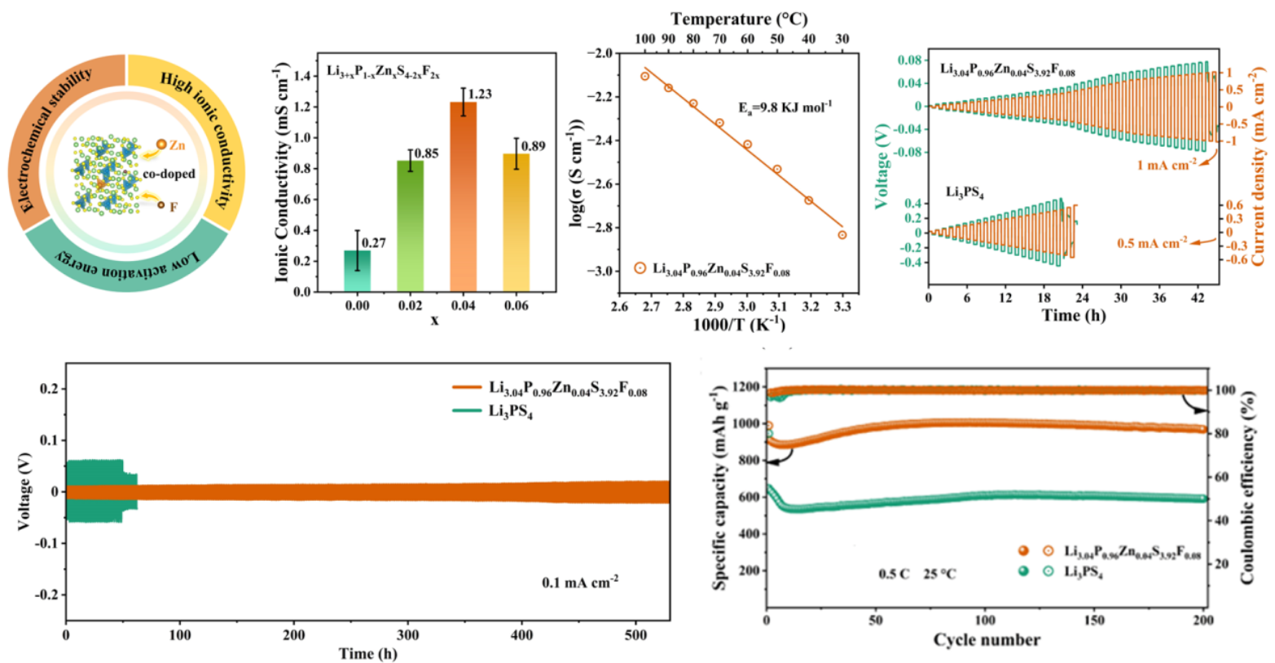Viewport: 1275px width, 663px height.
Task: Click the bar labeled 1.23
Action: coord(463,197)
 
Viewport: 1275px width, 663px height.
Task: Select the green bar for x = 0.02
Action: coord(410,226)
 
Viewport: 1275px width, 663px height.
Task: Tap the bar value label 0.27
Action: coord(373,243)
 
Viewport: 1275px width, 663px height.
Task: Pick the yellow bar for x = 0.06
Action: coord(516,223)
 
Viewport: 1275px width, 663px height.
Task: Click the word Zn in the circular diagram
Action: coord(177,145)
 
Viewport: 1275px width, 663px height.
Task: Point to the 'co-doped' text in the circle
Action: coord(169,174)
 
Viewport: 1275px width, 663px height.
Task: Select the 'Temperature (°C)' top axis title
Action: coord(739,18)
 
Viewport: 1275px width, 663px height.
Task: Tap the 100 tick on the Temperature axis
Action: coord(644,38)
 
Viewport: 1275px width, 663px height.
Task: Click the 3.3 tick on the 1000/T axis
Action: coord(842,306)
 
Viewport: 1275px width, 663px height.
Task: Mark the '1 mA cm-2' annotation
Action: coord(1167,165)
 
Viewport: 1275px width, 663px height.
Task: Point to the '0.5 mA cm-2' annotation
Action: coord(1152,243)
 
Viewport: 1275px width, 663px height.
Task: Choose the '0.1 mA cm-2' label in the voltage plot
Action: coord(580,582)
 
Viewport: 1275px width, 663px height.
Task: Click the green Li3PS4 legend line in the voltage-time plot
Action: coord(467,410)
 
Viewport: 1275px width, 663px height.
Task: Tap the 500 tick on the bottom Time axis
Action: coord(636,635)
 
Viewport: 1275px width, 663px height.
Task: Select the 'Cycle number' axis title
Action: coord(986,639)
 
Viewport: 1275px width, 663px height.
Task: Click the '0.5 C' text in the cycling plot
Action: coord(893,574)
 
